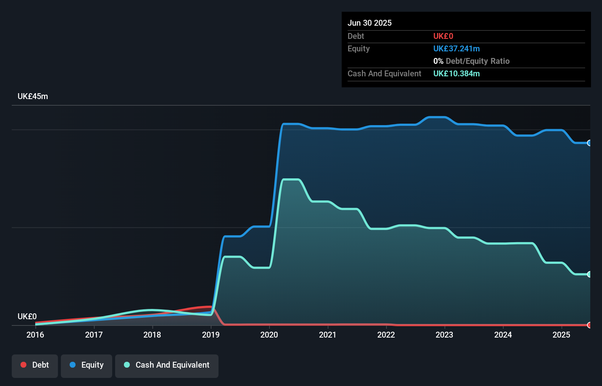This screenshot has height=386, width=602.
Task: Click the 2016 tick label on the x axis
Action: coord(35,335)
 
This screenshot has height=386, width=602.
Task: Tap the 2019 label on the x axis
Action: coord(211,335)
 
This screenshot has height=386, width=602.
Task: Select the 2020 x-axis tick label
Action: coord(269,335)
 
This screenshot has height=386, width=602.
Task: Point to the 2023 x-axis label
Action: coord(444,335)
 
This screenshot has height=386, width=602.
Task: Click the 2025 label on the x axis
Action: coord(561,335)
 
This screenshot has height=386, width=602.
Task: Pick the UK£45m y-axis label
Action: coord(33,96)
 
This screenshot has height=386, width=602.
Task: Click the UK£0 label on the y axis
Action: coord(27,316)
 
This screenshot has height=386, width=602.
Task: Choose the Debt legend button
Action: coord(35,365)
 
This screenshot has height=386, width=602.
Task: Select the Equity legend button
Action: coord(87,365)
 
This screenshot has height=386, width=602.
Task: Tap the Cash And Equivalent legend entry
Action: coord(167,365)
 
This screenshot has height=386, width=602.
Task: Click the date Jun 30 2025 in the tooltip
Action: coord(370,23)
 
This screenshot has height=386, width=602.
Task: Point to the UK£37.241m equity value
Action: coord(456,49)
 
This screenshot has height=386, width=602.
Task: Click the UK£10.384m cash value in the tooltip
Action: coord(456,74)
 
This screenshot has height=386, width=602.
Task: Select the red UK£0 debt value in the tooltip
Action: coord(443,36)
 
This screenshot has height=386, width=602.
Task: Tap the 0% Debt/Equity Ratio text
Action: coord(471,61)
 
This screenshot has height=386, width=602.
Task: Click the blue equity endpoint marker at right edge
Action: coord(589,143)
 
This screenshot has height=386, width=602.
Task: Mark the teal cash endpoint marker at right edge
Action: coord(589,274)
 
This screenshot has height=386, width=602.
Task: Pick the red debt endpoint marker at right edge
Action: coord(589,325)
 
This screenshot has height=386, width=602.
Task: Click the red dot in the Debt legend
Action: coord(23,365)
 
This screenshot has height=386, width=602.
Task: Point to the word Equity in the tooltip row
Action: coord(359,49)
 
